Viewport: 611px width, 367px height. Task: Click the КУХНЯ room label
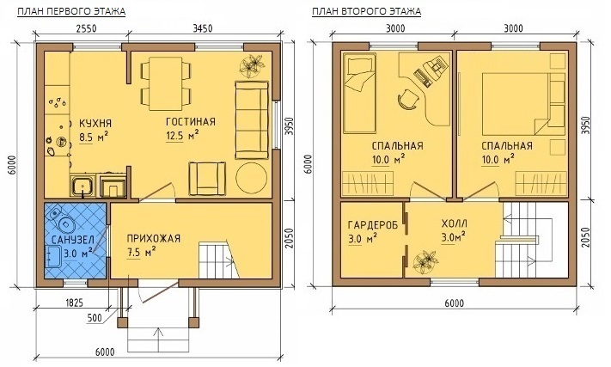pyautogui.click(x=95, y=124)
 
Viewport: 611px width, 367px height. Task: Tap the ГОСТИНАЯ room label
pyautogui.click(x=191, y=122)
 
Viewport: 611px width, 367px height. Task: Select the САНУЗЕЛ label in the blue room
pyautogui.click(x=73, y=239)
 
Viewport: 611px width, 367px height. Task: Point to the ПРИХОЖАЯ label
pyautogui.click(x=154, y=238)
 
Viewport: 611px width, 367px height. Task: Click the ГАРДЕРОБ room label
pyautogui.click(x=373, y=225)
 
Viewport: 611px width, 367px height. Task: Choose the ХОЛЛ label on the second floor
pyautogui.click(x=454, y=223)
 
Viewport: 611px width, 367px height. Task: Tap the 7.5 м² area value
pyautogui.click(x=141, y=252)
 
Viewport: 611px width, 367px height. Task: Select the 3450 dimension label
pyautogui.click(x=202, y=28)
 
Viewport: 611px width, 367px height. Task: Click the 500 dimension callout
pyautogui.click(x=95, y=318)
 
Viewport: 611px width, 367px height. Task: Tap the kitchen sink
pyautogui.click(x=82, y=187)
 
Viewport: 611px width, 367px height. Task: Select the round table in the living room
pyautogui.click(x=251, y=178)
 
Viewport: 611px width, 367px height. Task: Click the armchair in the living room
pyautogui.click(x=207, y=179)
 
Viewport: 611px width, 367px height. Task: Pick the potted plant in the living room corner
pyautogui.click(x=252, y=64)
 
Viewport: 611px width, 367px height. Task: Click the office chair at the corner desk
pyautogui.click(x=407, y=99)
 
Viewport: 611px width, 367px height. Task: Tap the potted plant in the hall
pyautogui.click(x=425, y=262)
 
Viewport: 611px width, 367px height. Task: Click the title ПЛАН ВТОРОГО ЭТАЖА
pyautogui.click(x=366, y=12)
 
